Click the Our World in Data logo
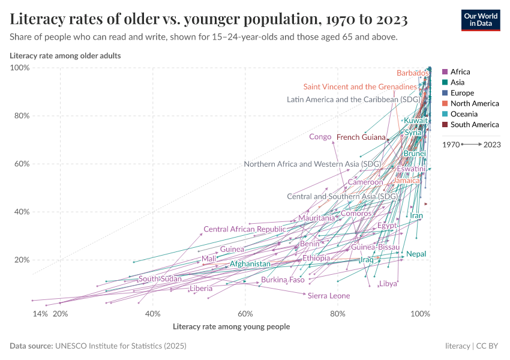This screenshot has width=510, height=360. coord(481,20)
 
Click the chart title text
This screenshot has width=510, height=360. coord(209,20)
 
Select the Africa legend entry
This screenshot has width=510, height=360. coord(460,72)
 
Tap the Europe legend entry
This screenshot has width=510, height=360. coord(462,93)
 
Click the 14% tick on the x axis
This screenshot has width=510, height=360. coord(40,314)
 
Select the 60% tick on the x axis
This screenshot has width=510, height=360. coord(245,314)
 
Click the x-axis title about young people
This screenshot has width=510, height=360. coord(231,327)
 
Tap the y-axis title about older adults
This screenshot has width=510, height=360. coord(65,56)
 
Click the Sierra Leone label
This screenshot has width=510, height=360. coord(328,296)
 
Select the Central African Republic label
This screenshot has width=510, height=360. coord(245,229)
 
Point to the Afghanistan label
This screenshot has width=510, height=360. coord(250,264)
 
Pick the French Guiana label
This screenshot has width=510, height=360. coord(361,137)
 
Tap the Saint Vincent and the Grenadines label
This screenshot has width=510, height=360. coord(360,87)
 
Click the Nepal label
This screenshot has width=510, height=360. coord(416,254)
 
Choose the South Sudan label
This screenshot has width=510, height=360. coord(160,279)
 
